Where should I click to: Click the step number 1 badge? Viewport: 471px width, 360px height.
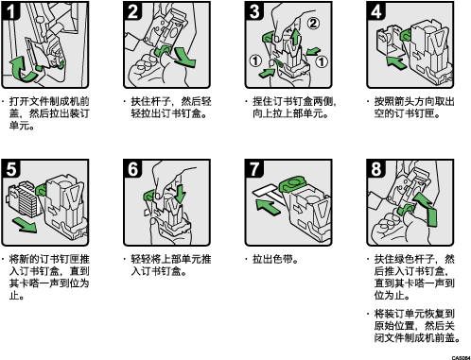[x=10, y=10]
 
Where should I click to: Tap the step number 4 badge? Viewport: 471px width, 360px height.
[x=375, y=10]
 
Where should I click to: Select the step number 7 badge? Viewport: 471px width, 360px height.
[x=254, y=168]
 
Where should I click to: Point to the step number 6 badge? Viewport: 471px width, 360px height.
[x=132, y=168]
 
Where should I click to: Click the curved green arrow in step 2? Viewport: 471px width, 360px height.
[x=186, y=60]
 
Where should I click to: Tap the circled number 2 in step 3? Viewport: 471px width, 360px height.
[x=313, y=23]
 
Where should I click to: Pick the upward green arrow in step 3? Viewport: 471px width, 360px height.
[x=295, y=36]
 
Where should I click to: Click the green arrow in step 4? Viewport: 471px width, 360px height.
[x=396, y=62]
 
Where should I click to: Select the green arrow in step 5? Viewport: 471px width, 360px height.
[x=26, y=226]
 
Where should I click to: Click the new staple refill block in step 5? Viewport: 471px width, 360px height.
[x=25, y=198]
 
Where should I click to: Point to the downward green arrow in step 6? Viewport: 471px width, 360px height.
[x=180, y=194]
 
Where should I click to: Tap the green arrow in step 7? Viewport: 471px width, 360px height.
[x=268, y=207]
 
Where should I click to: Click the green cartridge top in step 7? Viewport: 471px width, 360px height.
[x=292, y=183]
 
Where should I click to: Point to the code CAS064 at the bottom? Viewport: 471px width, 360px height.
[x=462, y=358]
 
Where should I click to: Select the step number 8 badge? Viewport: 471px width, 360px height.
[x=375, y=168]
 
